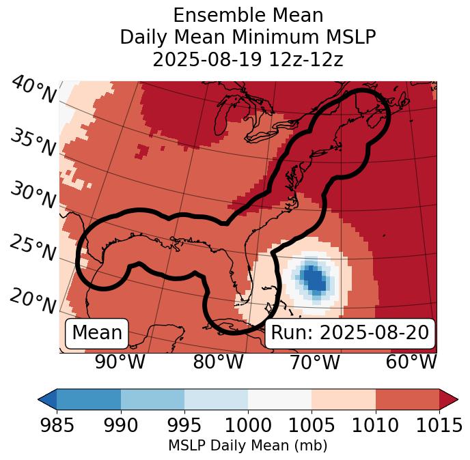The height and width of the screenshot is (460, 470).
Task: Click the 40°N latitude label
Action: pyautogui.click(x=33, y=90)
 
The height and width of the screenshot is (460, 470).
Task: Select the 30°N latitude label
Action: pyautogui.click(x=33, y=195)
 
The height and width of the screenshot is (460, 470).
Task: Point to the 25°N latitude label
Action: pyautogui.click(x=33, y=248)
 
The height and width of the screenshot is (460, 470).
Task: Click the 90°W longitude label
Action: pyautogui.click(x=120, y=362)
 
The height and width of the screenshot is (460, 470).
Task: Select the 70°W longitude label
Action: pyautogui.click(x=315, y=362)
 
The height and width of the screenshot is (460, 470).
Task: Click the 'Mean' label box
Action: pyautogui.click(x=97, y=333)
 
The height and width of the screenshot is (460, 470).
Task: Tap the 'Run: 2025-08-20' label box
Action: pyautogui.click(x=350, y=333)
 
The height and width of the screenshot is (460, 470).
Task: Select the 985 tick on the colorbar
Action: pyautogui.click(x=57, y=425)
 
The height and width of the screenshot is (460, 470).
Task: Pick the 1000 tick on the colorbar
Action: pyautogui.click(x=248, y=425)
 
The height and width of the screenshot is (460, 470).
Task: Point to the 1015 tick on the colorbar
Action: pyautogui.click(x=439, y=425)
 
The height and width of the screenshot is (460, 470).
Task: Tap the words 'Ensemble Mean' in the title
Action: pyautogui.click(x=247, y=15)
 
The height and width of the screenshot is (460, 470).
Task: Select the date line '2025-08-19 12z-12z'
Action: pyautogui.click(x=247, y=59)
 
